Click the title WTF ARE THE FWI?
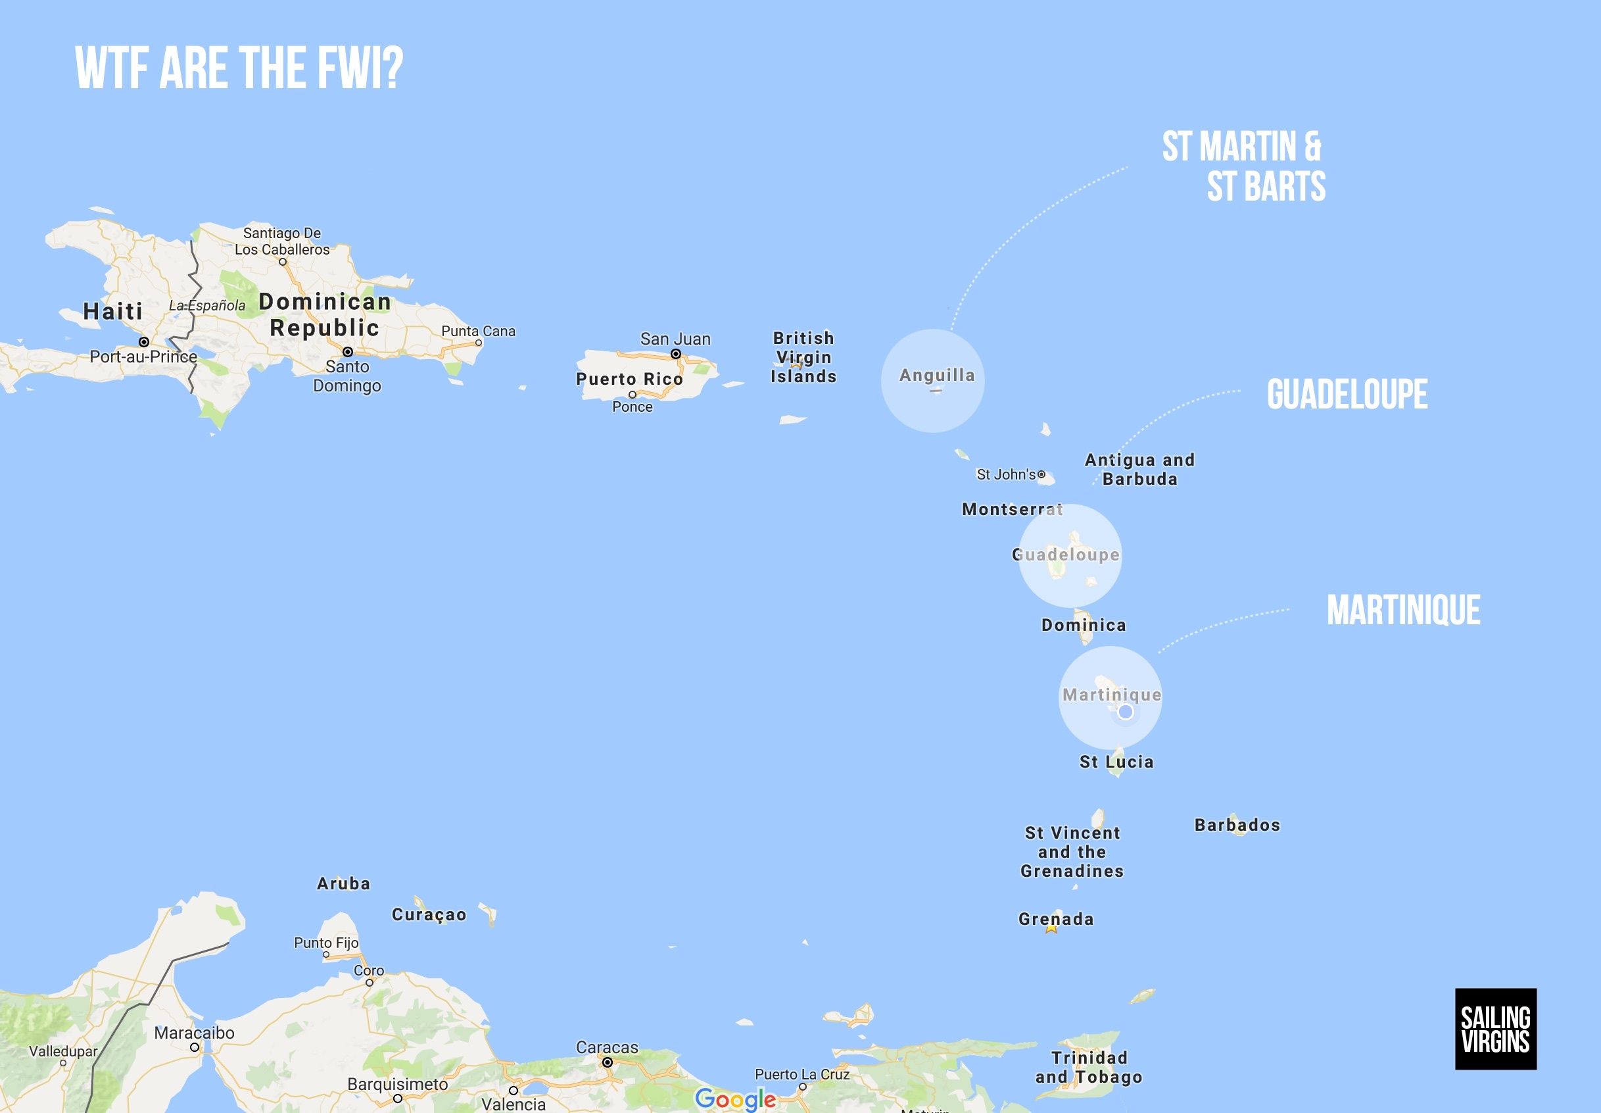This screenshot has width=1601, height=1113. (x=239, y=68)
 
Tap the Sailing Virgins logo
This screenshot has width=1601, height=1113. (x=1495, y=1029)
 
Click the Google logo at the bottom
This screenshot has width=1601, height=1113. (x=735, y=1099)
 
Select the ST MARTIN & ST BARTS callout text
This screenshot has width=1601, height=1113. (x=1244, y=166)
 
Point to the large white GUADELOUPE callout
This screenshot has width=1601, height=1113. (x=1347, y=394)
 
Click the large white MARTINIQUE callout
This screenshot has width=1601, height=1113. (x=1403, y=610)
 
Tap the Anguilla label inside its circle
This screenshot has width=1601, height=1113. (x=937, y=375)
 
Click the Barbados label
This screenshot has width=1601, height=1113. (x=1237, y=825)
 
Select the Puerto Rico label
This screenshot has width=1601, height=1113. (x=629, y=379)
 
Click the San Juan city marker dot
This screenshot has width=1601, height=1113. (x=675, y=355)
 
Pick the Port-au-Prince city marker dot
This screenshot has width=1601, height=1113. (x=143, y=341)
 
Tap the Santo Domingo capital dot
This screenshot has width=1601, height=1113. (x=348, y=352)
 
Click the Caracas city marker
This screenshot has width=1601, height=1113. (x=607, y=1063)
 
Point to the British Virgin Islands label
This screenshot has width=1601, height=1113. (x=803, y=357)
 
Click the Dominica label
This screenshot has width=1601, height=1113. (x=1083, y=625)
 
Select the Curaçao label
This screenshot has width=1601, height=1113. (x=429, y=914)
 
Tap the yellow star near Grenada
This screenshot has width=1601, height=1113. (x=1051, y=928)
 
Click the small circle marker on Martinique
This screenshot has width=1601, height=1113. (x=1125, y=712)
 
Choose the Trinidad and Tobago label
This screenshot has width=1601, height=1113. (x=1089, y=1067)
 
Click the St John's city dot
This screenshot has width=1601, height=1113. (x=1041, y=474)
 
